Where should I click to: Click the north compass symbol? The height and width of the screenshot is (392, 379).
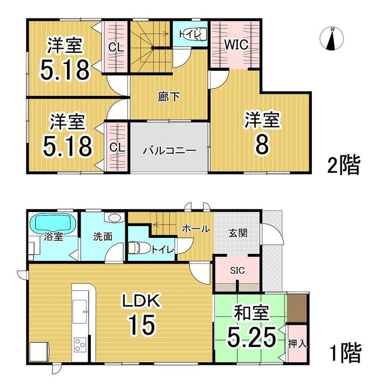point(332,39)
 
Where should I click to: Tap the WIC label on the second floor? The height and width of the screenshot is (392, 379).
point(236,45)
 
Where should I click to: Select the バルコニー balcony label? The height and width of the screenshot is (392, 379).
point(170,151)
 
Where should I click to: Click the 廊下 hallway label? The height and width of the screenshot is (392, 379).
point(169,97)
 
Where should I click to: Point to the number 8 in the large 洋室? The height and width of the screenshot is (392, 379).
point(262,145)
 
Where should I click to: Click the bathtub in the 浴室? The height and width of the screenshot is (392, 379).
point(54,223)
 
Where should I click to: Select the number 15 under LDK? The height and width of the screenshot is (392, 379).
point(142,324)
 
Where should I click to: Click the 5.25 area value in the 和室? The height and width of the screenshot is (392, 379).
point(251,337)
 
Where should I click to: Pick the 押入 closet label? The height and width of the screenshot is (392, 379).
point(297,344)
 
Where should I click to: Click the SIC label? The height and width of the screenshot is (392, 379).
point(237,270)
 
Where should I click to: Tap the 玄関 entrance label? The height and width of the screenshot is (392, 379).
point(238,233)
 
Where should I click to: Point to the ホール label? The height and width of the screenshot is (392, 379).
point(196,229)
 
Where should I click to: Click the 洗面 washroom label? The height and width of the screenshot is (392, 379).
point(102,237)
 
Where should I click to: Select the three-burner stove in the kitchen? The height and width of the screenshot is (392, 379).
point(80,345)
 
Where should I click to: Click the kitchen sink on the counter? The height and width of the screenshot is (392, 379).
point(79,312)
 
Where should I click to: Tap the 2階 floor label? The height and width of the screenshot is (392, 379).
point(344,165)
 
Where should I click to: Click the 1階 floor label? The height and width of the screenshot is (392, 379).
point(346,353)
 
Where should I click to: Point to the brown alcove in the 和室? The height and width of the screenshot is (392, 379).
point(297,308)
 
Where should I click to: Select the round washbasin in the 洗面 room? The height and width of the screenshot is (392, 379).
point(114,218)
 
